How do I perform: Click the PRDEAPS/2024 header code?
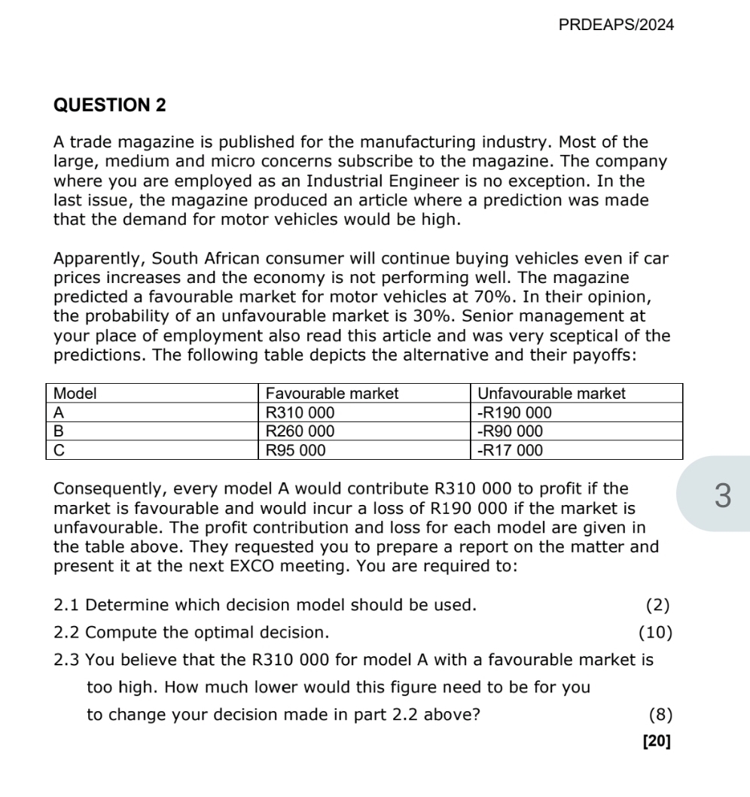tap(617, 25)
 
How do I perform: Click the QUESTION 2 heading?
tap(110, 106)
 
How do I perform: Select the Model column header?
tap(77, 393)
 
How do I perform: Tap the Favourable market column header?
tap(332, 393)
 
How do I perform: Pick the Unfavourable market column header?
tap(551, 393)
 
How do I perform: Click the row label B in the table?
tap(61, 431)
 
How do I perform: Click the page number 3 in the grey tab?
tap(722, 496)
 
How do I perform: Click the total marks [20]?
tap(657, 741)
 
